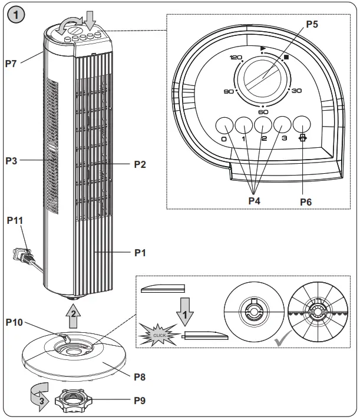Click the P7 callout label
pos(12,64)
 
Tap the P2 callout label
pos(139,164)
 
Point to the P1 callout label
pos(139,253)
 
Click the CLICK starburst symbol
pos(160,335)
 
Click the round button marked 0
pos(223,125)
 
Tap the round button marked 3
pos(282,125)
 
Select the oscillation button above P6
pos(302,125)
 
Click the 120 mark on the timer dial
pos(236,58)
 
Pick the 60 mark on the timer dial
pos(263,111)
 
